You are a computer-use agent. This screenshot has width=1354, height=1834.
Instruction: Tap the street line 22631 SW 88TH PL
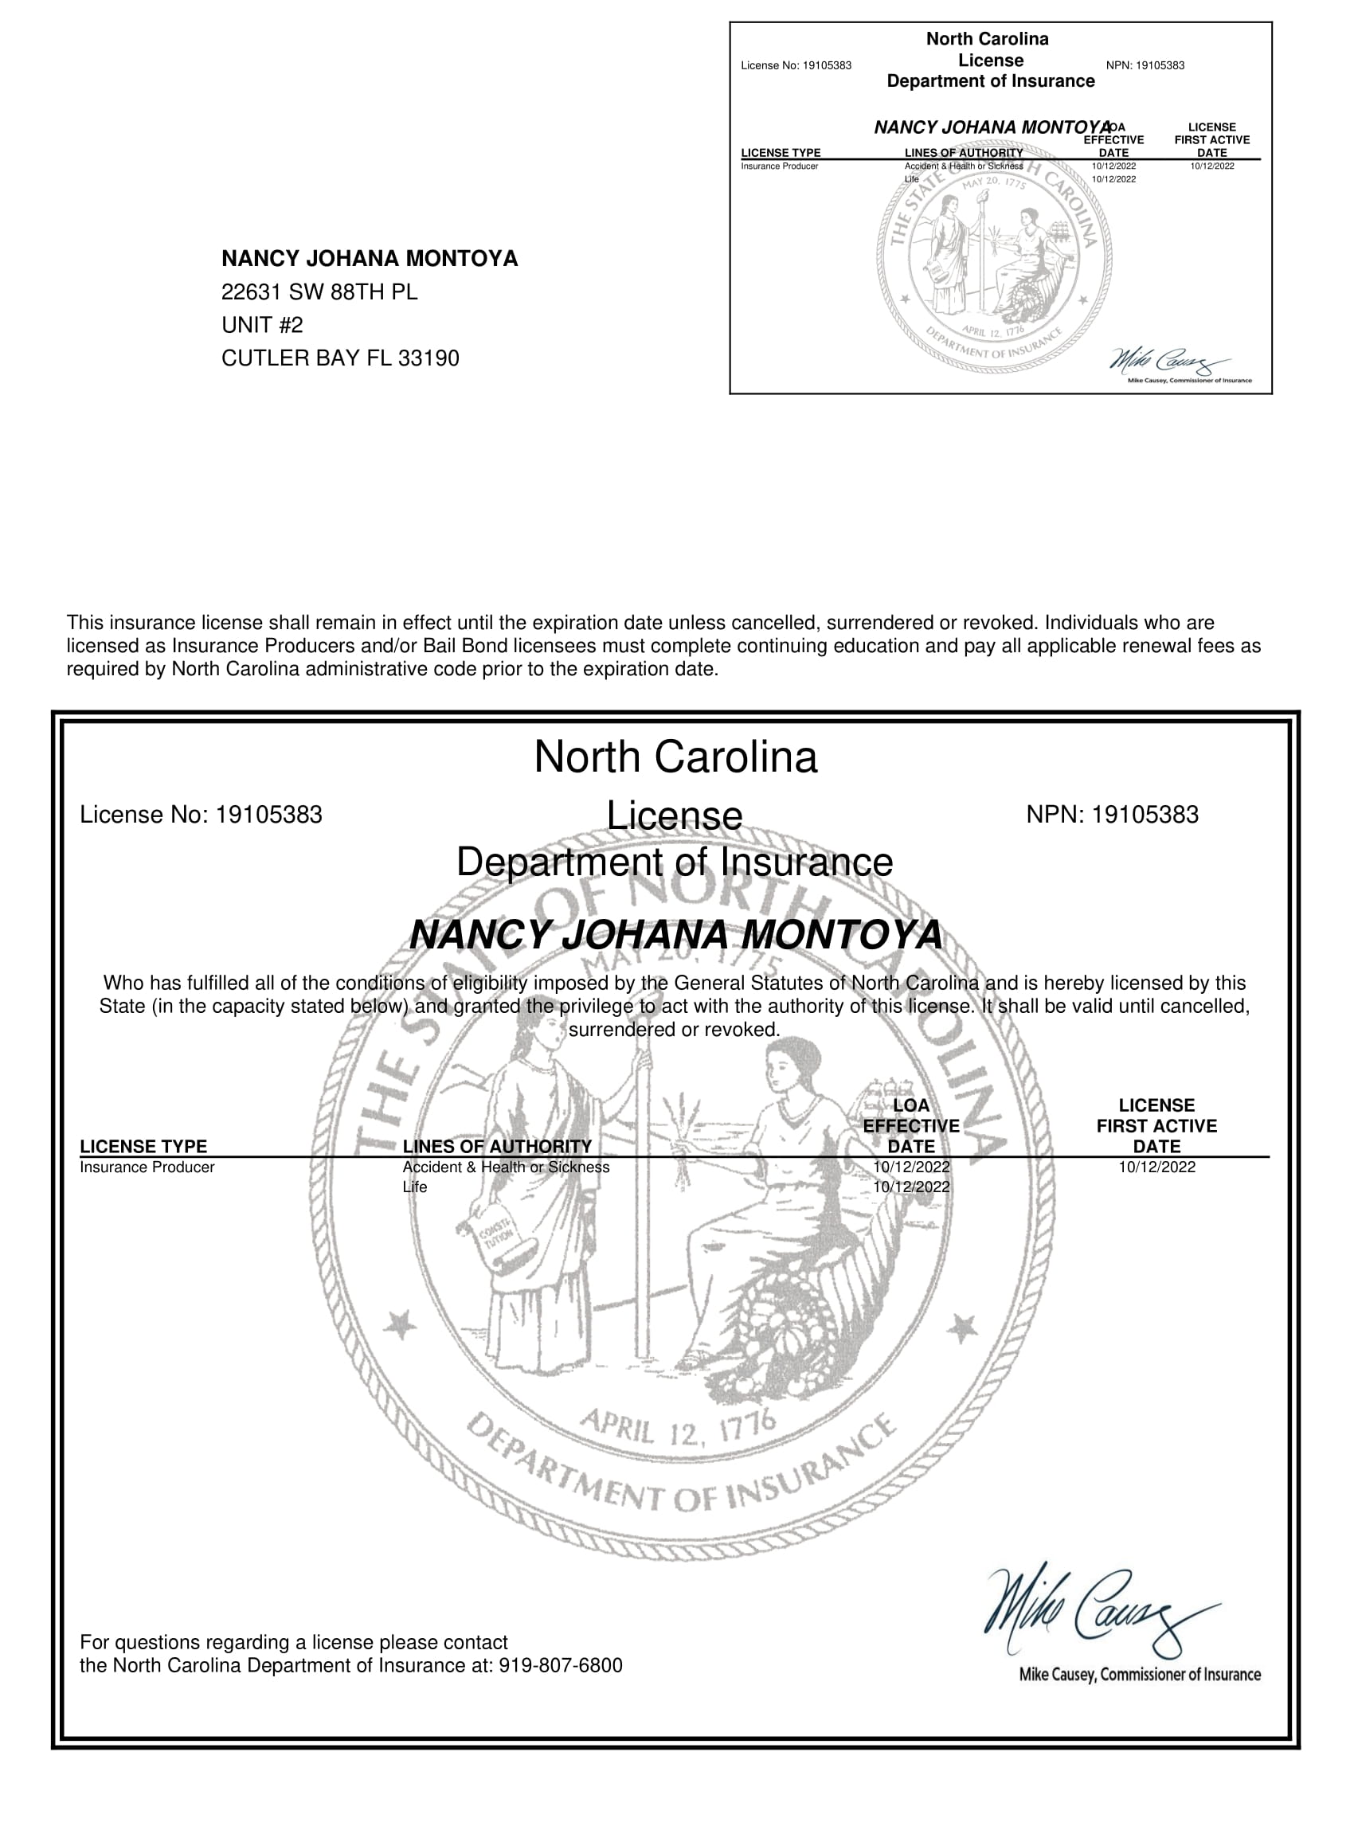(319, 291)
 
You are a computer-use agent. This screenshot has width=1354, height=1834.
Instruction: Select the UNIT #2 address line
(261, 326)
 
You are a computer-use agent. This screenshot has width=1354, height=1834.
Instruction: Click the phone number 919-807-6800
(560, 1665)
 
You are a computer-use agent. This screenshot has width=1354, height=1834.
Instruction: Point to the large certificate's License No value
(269, 815)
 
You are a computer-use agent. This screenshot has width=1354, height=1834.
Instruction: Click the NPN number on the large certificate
(1145, 815)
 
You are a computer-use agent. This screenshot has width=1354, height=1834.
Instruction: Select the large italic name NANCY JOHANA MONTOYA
(675, 935)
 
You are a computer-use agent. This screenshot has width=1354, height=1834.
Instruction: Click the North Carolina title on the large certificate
(675, 757)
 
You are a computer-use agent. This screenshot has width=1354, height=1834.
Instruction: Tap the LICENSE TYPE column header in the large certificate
(143, 1147)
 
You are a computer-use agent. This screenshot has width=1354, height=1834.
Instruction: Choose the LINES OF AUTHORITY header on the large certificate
(497, 1147)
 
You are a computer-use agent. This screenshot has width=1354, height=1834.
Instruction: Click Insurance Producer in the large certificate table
(147, 1167)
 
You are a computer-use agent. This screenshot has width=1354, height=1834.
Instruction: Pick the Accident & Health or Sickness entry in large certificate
(506, 1167)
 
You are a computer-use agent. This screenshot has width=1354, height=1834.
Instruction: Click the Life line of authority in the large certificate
(415, 1187)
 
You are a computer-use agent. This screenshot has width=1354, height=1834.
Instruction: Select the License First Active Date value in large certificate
(1156, 1167)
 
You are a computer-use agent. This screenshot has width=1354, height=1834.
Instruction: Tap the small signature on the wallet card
(1168, 361)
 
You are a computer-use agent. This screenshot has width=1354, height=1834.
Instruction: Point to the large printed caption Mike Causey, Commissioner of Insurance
(1139, 1674)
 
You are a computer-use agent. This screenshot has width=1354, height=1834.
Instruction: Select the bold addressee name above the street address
(370, 259)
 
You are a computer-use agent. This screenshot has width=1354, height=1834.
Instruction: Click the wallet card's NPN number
(1163, 65)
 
